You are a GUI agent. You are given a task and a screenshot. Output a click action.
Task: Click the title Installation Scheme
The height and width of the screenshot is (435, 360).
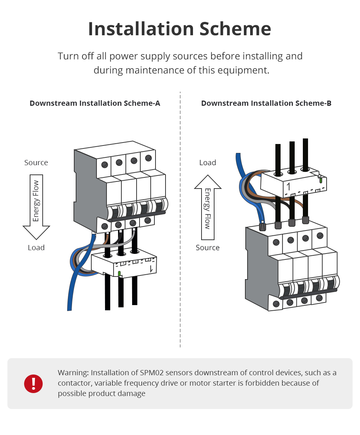(x=180, y=29)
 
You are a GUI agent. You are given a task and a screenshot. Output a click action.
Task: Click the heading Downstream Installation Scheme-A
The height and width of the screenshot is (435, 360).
(x=95, y=103)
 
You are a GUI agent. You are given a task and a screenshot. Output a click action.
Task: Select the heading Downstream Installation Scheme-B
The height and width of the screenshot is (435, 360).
(x=266, y=103)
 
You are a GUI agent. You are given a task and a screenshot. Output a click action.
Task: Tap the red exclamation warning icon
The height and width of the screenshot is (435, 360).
(x=33, y=383)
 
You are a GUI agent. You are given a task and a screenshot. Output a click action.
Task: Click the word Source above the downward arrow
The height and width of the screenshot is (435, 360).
(x=36, y=163)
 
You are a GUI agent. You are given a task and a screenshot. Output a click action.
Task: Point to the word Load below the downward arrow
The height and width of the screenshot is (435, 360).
(x=36, y=248)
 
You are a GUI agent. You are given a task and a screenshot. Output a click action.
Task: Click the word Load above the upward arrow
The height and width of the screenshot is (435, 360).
(x=207, y=163)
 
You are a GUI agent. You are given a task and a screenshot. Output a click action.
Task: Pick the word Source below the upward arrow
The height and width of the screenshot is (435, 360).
(x=207, y=248)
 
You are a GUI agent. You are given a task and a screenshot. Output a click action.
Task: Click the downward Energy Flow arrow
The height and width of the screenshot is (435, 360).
(x=36, y=206)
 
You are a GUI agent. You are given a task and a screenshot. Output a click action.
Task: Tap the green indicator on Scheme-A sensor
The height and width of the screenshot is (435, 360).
(x=119, y=274)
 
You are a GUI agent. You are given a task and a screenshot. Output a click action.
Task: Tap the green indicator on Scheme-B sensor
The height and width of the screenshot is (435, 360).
(x=321, y=180)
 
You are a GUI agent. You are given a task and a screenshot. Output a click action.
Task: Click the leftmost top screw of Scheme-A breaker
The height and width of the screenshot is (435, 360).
(x=105, y=164)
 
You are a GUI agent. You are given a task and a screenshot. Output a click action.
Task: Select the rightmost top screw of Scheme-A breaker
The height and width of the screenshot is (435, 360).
(x=148, y=158)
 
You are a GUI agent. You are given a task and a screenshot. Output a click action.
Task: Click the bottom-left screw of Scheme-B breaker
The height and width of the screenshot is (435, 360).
(x=276, y=304)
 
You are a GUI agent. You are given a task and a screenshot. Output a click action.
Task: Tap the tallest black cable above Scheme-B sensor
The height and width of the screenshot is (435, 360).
(x=305, y=152)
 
